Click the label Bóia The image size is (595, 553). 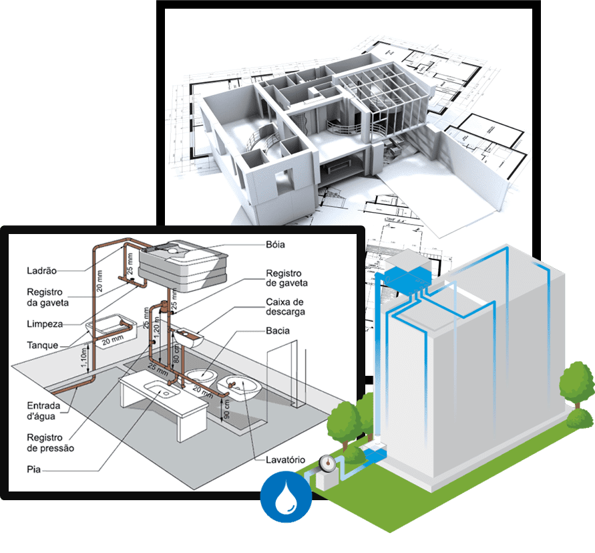pos(275,245)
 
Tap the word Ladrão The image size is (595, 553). pos(41,271)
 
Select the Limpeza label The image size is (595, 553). pos(45,324)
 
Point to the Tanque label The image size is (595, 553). pos(43,346)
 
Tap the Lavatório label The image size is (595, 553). pos(284,460)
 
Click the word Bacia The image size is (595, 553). pos(278,331)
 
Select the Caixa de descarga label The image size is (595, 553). pos(285,307)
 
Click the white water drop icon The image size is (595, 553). pos(286,496)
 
